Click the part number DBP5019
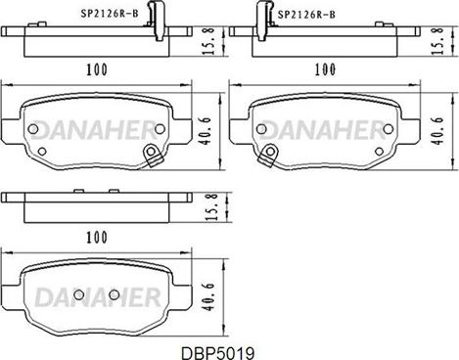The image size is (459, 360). (217, 353)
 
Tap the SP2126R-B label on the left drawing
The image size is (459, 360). (110, 14)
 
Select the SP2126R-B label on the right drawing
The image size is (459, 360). (306, 15)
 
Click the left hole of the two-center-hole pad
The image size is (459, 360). (79, 294)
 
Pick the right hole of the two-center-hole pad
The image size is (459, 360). (115, 294)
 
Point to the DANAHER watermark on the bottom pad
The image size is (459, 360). (98, 297)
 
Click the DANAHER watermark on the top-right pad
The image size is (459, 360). (324, 130)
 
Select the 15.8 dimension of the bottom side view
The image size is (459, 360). (211, 207)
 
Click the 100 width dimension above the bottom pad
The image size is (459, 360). (97, 237)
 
